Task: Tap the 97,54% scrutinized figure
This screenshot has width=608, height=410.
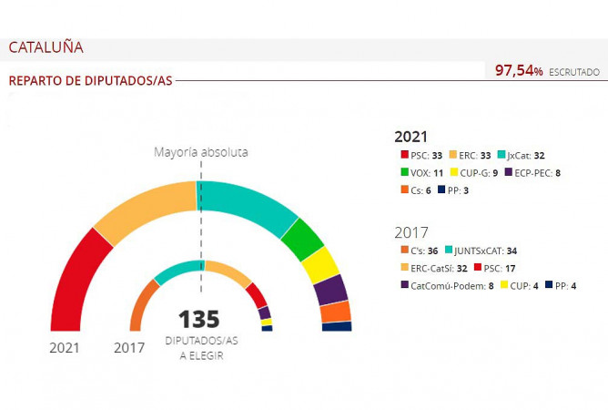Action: [519, 70]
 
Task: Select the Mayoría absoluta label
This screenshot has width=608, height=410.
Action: [200, 152]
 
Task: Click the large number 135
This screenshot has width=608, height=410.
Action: [198, 319]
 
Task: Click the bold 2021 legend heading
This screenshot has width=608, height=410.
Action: [410, 136]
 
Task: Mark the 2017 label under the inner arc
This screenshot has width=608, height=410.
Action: [128, 347]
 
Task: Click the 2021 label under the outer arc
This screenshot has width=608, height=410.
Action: [65, 347]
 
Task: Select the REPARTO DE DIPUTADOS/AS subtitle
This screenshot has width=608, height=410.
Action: [90, 80]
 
